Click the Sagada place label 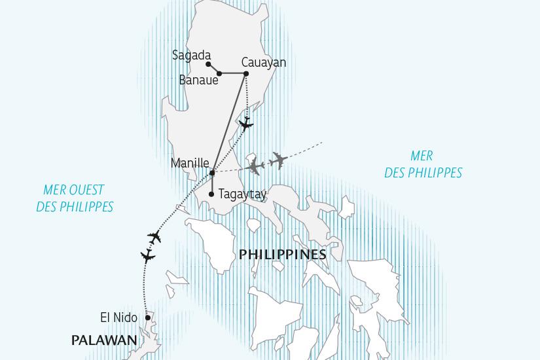(191, 56)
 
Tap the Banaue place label (198, 81)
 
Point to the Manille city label (189, 163)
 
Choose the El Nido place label (118, 317)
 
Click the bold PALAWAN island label (104, 340)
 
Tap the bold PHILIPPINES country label (282, 254)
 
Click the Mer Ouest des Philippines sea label (78, 198)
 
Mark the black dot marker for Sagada (208, 64)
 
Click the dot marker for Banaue (219, 73)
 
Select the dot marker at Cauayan (246, 73)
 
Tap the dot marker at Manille (212, 173)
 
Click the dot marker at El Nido (148, 318)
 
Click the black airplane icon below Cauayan (245, 124)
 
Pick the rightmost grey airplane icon (278, 160)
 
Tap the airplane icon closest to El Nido (149, 255)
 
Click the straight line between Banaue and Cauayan (232, 73)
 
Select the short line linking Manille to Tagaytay (212, 184)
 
